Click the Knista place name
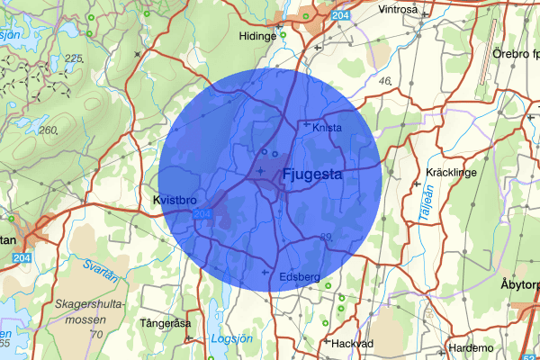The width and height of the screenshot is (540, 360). coord(328,128)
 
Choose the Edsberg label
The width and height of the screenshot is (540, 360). coord(300,276)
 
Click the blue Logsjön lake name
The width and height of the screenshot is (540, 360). coord(231,339)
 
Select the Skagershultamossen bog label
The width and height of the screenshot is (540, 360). coord(88,311)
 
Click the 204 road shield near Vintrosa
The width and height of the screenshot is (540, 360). coord(340,15)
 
